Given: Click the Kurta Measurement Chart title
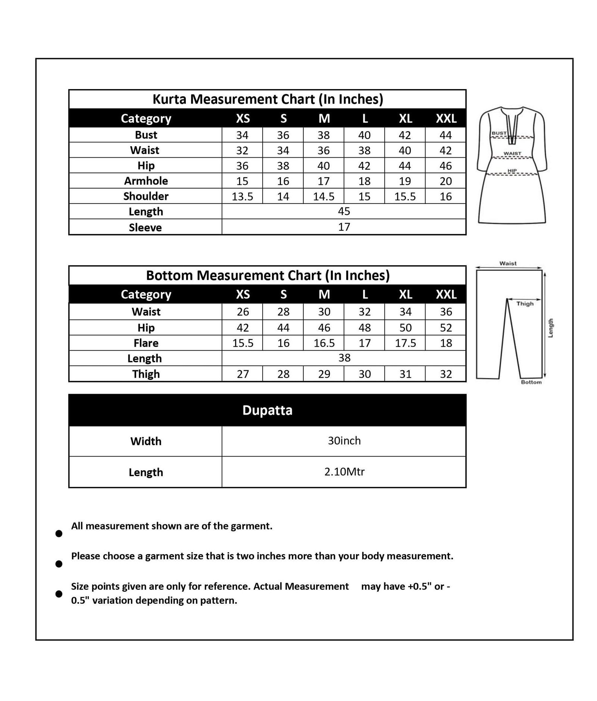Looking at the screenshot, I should (x=268, y=99).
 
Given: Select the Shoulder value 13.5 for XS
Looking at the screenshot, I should (x=242, y=197).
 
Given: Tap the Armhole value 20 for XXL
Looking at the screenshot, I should (x=446, y=181).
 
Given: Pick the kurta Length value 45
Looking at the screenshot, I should (x=344, y=211).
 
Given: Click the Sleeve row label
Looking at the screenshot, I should (x=145, y=227).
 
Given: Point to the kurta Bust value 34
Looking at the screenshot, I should (x=242, y=135).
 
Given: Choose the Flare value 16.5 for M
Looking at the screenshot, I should (x=324, y=343).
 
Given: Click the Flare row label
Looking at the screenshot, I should (x=146, y=343).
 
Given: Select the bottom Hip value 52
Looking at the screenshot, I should (x=446, y=328).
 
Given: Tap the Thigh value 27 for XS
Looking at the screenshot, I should (x=243, y=374).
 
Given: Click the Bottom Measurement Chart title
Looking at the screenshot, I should (x=268, y=276).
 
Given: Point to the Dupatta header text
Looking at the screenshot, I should (x=267, y=410).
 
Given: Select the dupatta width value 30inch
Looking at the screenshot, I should (x=344, y=441).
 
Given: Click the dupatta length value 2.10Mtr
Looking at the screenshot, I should (x=344, y=472).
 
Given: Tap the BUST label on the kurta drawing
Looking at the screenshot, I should (x=499, y=133).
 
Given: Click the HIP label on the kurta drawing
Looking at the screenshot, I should (x=512, y=171).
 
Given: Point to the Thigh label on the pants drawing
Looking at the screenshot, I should (x=525, y=304).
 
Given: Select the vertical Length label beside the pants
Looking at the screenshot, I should (x=550, y=328).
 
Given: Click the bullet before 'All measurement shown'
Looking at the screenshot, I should (x=59, y=534).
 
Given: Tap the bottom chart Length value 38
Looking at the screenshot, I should (x=344, y=358).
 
